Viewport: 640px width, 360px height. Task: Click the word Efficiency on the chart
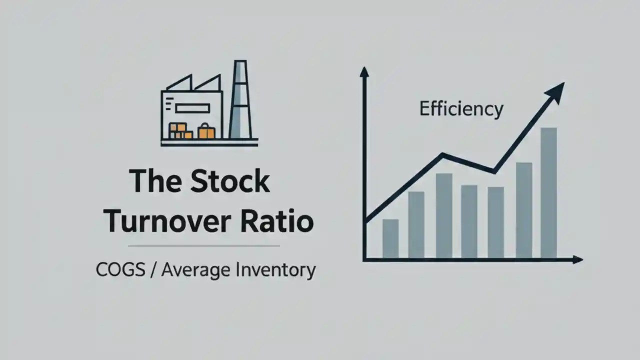click(461, 109)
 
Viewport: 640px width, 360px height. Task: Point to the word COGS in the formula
click(117, 270)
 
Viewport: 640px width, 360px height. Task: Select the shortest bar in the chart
click(390, 238)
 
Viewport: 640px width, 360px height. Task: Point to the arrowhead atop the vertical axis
click(364, 72)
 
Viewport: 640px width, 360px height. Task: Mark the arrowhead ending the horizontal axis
click(577, 259)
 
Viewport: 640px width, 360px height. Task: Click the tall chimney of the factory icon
click(239, 100)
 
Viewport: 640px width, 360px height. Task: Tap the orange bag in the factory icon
click(206, 131)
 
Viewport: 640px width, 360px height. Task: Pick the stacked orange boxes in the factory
click(180, 131)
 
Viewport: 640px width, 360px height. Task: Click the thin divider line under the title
click(204, 246)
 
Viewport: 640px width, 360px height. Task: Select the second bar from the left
click(416, 224)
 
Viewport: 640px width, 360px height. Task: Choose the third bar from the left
click(444, 215)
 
